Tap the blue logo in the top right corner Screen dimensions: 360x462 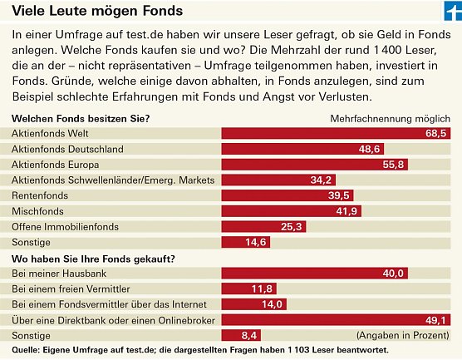(x=450, y=12)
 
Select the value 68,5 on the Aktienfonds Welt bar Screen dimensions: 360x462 (x=436, y=133)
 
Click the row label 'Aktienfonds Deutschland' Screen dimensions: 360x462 (x=67, y=149)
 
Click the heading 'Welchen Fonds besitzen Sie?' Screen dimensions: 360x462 (x=81, y=118)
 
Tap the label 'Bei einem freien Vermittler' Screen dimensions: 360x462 (x=68, y=288)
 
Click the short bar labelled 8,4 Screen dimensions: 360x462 (x=234, y=335)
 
